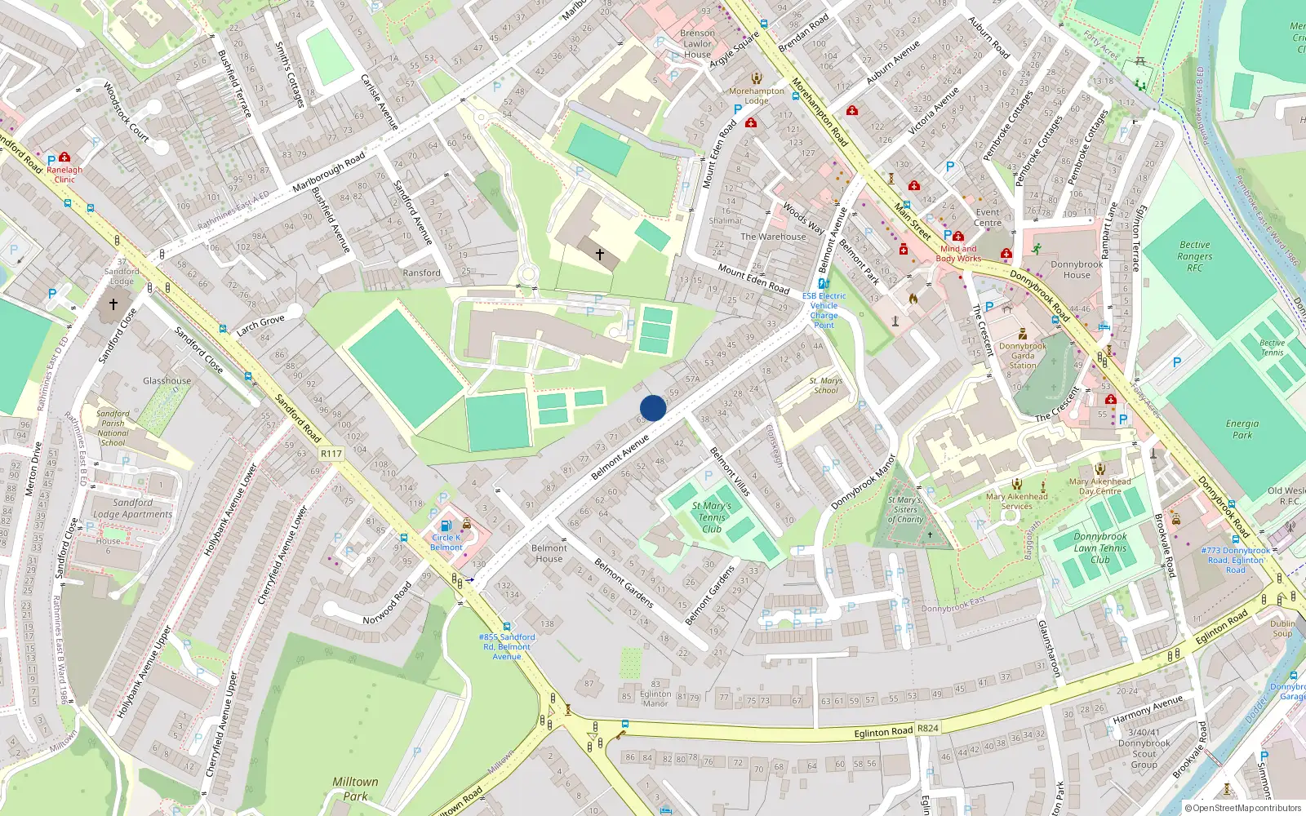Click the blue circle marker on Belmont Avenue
coord(653,408)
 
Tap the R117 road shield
coord(331,454)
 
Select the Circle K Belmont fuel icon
coord(446,526)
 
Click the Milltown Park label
coord(355,788)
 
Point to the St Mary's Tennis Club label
coord(712,517)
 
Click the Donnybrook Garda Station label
coord(1023,356)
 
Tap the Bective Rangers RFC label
coord(1195,256)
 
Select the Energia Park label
coord(1242,429)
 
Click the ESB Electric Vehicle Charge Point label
coord(824,310)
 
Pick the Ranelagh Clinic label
coord(64,175)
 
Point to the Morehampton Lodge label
coord(756,96)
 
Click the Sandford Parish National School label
coord(113,428)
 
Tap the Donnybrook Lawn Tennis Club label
coord(1099,548)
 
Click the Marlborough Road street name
coord(328,172)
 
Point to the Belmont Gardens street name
coord(624,583)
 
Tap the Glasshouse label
coord(167,381)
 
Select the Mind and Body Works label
coord(958,254)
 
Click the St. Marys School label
coord(825,385)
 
